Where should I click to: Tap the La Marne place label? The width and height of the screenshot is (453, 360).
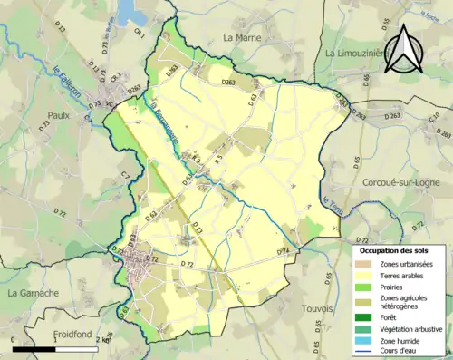[241, 38]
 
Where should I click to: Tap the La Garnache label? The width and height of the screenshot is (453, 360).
[33, 293]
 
